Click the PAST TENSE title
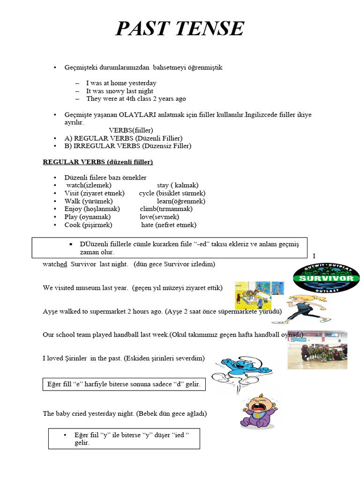(x=180, y=29)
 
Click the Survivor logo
(x=326, y=278)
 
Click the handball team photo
(x=317, y=350)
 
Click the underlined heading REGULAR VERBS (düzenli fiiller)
(x=98, y=162)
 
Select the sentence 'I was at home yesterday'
(x=121, y=83)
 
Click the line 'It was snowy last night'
(x=120, y=91)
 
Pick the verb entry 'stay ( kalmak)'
(x=178, y=185)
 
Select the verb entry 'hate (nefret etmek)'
(x=169, y=225)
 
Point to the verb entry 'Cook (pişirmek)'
(x=89, y=225)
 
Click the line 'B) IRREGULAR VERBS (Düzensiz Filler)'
(x=128, y=146)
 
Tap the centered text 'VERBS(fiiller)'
(x=131, y=130)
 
